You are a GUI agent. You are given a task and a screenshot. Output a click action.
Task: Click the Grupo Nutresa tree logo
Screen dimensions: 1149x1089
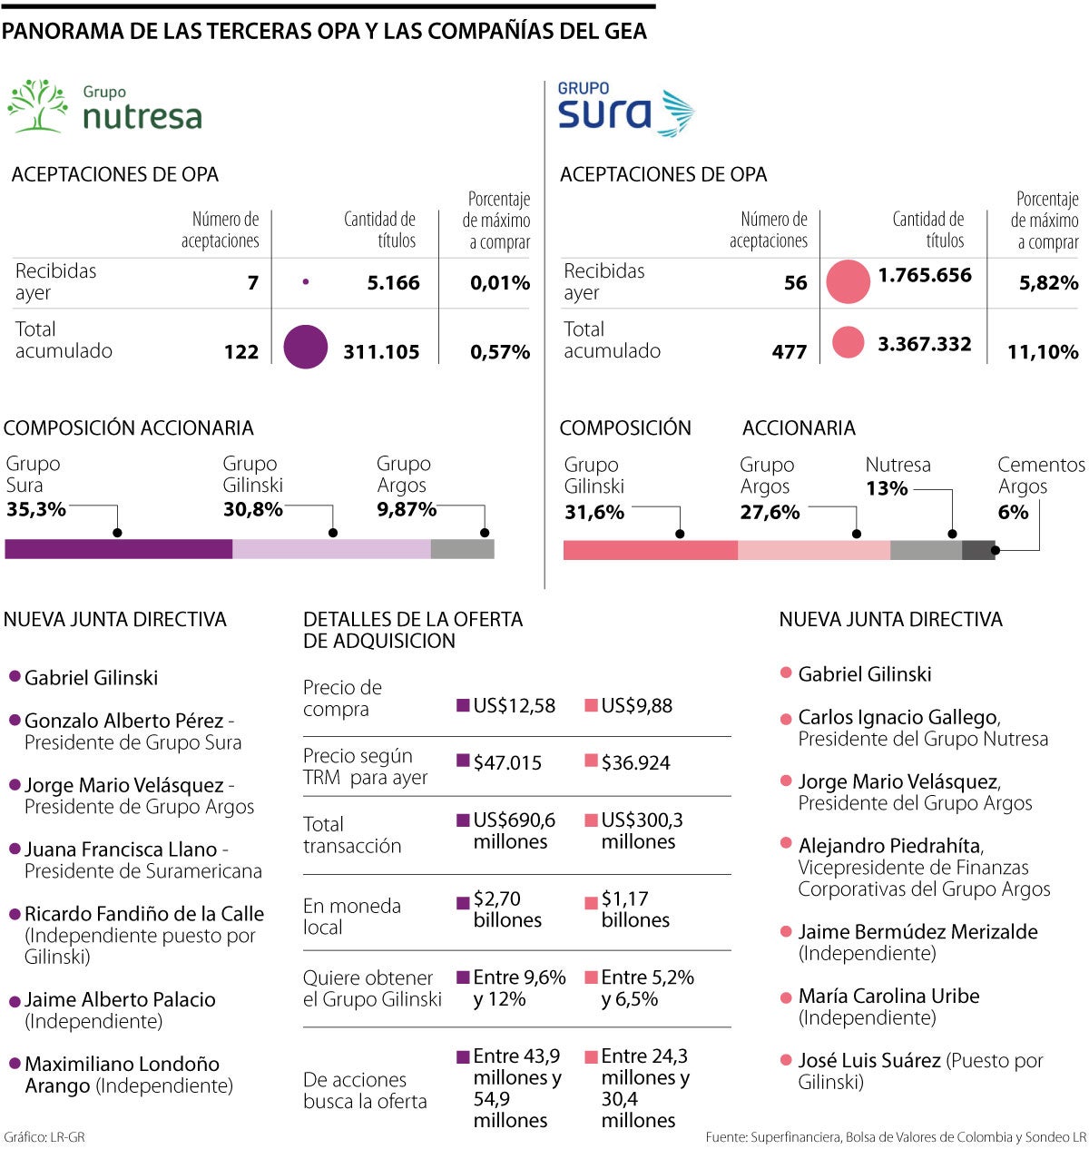coord(38,107)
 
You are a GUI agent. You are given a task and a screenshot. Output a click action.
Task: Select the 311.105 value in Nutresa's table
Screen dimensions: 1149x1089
coord(381,351)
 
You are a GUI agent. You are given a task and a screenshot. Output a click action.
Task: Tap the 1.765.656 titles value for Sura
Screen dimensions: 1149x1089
coord(924,275)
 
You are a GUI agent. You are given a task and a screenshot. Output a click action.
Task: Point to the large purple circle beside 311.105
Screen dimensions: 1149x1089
coord(305,347)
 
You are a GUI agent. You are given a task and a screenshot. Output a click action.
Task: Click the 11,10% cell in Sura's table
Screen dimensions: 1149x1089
coord(1042,351)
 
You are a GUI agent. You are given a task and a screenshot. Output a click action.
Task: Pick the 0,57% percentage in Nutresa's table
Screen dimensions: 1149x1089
coord(500,351)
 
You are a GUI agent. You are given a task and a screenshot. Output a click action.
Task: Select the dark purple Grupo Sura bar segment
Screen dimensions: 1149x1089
coord(118,549)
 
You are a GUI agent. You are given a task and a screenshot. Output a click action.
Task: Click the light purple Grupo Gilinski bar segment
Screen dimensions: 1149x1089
coord(331,549)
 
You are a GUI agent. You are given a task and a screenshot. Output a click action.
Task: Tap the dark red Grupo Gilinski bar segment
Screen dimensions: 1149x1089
coord(650,550)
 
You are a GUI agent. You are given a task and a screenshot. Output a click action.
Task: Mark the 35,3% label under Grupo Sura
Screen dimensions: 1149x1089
coord(36,509)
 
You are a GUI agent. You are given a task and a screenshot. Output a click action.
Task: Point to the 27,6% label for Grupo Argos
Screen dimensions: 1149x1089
coord(770,512)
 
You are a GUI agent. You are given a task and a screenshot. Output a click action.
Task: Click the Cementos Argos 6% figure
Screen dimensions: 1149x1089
coord(1013,512)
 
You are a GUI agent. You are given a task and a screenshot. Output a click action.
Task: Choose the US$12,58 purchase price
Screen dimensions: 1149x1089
coord(514,705)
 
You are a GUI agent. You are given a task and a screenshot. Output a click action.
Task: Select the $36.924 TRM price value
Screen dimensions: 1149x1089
coord(635,762)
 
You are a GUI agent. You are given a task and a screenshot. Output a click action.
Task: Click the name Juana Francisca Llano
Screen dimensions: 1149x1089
coord(121,849)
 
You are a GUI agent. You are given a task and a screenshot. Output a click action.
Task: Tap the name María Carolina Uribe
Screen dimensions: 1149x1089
coord(888,996)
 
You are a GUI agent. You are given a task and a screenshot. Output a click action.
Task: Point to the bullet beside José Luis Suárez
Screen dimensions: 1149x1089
coord(786,1059)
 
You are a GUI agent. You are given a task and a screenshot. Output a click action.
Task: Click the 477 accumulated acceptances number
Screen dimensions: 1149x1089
coord(789,351)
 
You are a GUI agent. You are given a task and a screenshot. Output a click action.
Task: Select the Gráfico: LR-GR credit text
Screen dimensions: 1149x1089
coord(44,1136)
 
